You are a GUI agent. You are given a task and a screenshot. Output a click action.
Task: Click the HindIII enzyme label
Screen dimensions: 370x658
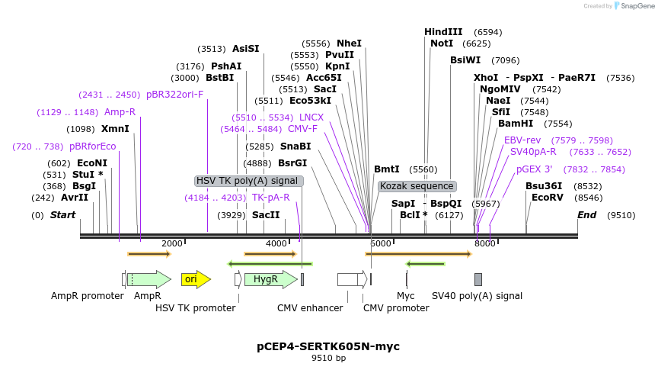point(443,32)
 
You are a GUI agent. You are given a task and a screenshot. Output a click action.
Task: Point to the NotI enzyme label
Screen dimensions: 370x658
point(442,43)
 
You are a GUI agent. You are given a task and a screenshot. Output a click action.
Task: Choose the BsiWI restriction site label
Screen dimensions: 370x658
point(465,60)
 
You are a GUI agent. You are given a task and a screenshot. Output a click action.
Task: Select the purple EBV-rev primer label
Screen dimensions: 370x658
point(522,140)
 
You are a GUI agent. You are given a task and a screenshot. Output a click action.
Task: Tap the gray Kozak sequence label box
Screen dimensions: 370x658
point(417,186)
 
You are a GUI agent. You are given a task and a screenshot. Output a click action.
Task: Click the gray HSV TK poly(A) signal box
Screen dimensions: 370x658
point(249,181)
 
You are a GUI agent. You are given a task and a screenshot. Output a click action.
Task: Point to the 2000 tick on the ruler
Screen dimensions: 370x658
point(172,243)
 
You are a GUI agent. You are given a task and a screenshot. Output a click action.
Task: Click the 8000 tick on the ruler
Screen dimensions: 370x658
point(485,243)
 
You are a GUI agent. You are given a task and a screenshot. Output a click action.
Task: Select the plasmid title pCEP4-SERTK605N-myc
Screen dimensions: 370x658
point(328,346)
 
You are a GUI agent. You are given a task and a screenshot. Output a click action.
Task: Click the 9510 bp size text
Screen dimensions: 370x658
point(328,358)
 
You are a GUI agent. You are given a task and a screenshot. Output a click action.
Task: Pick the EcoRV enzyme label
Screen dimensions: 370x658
point(548,198)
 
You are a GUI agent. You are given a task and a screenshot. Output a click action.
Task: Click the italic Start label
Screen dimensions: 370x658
point(62,215)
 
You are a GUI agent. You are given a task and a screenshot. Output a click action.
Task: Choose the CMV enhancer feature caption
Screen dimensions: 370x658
point(310,307)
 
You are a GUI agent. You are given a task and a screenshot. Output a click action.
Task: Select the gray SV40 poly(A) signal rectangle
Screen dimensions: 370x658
point(478,279)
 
